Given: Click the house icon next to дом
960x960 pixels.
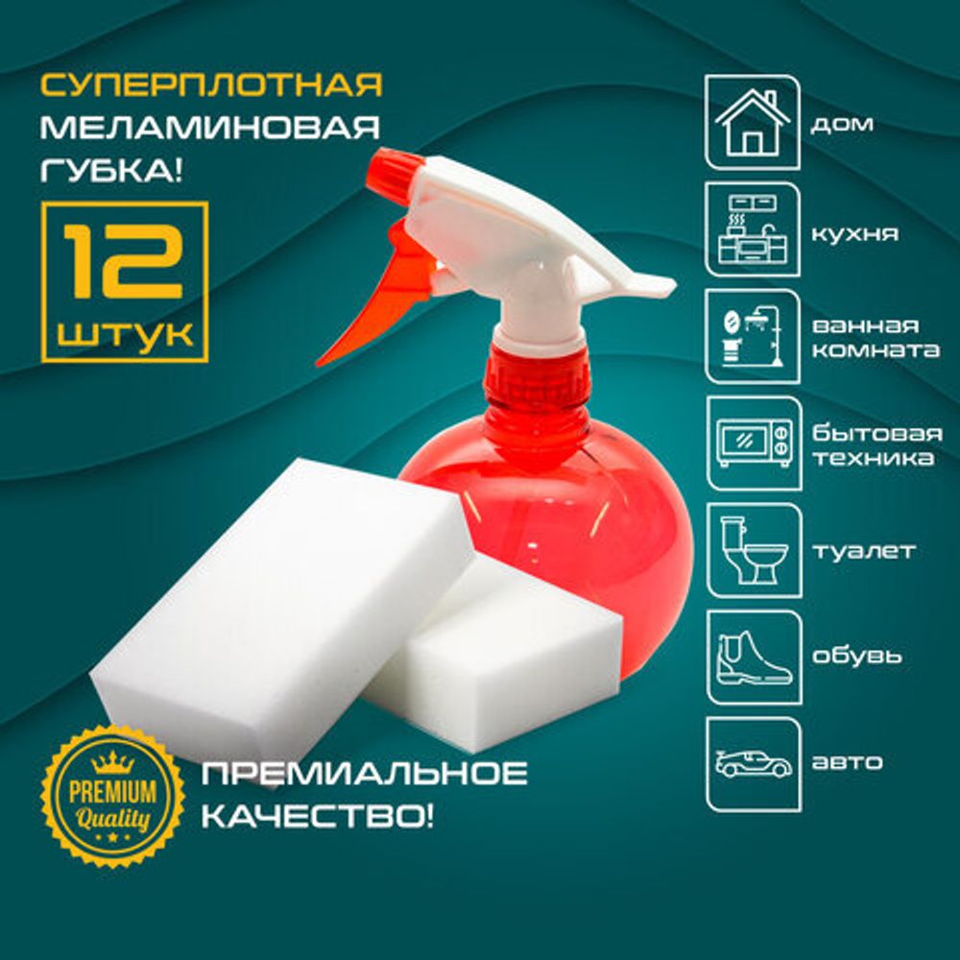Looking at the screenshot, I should (753, 123).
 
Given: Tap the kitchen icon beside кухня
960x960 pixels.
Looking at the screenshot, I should (753, 230).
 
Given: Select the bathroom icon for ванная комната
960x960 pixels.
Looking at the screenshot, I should (753, 337).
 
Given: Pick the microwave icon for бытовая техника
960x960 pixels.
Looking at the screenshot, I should (753, 444).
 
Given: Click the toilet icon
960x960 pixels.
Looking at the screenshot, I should (753, 550).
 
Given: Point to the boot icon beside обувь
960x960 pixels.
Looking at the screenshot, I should (753, 657).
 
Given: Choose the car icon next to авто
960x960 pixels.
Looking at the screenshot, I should (753, 763).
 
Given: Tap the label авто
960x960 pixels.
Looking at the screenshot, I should (848, 764).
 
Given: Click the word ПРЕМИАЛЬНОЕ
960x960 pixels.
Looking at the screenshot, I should (363, 772).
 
